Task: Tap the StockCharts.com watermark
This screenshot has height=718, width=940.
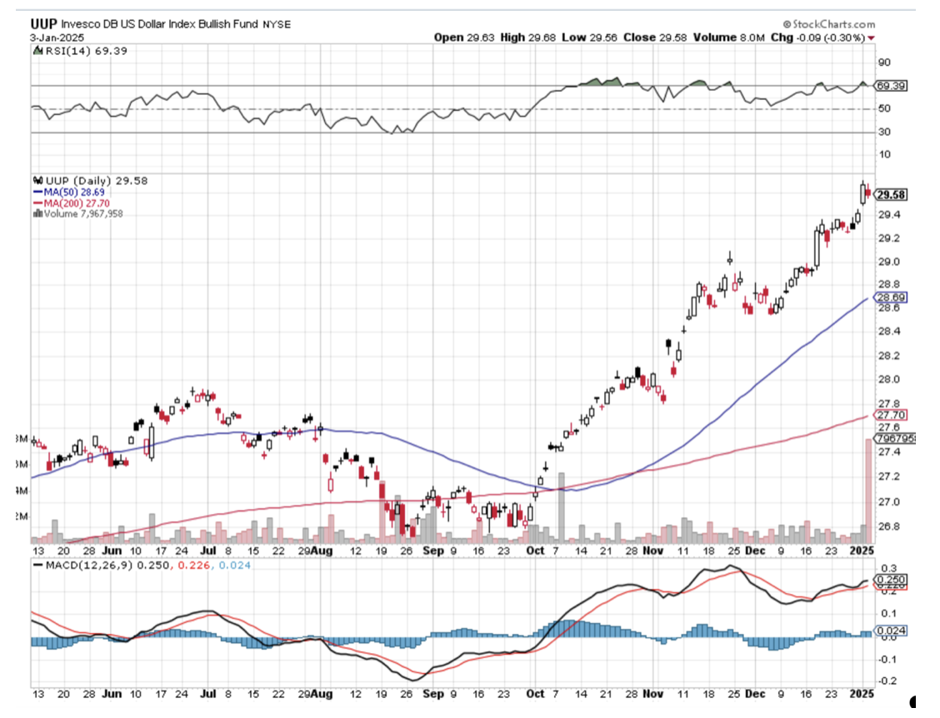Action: [x=829, y=25]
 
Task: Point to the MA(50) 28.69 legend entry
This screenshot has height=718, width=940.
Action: [x=74, y=192]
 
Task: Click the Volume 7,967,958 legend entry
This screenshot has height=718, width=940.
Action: [x=83, y=213]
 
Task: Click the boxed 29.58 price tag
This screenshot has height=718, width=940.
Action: [x=891, y=194]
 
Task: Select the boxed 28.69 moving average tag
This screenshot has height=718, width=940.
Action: [x=889, y=297]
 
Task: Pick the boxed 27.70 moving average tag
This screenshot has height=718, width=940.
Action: [x=889, y=415]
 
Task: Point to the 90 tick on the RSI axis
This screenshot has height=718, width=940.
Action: [x=882, y=62]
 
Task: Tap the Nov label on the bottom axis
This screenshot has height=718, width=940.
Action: [x=653, y=551]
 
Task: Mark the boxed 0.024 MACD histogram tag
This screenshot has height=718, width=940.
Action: [x=890, y=631]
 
